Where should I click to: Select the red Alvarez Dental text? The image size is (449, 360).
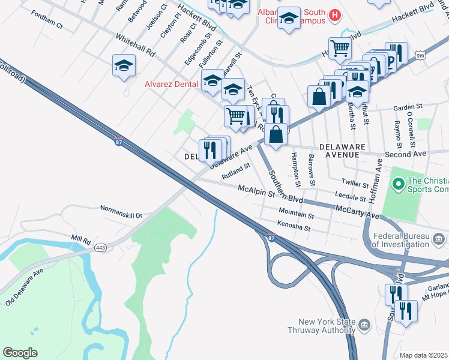(172, 85)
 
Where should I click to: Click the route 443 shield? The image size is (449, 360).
(100, 247)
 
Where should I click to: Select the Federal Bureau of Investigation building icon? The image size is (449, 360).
(439, 241)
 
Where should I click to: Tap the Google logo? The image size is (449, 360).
(20, 353)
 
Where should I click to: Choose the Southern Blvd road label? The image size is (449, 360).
(285, 187)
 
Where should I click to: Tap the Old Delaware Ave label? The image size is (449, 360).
(25, 287)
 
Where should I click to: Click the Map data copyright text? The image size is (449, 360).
(424, 355)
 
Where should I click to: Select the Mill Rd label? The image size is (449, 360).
(80, 238)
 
